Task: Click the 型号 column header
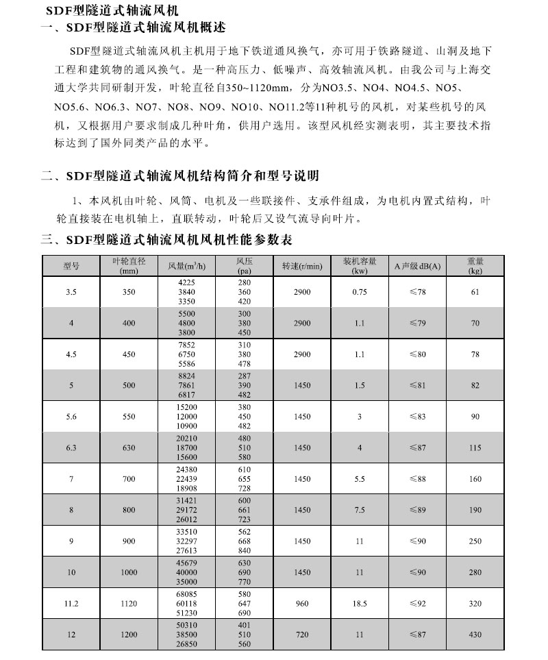[71, 266]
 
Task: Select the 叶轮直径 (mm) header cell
[129, 266]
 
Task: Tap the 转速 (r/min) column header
[301, 266]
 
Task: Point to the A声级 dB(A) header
[418, 266]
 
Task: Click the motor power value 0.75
[360, 292]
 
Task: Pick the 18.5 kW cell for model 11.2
[360, 604]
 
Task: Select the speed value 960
[302, 604]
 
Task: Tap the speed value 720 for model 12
[302, 635]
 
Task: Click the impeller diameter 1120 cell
[129, 604]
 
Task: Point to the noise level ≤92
[418, 604]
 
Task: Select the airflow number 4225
[187, 283]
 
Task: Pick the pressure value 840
[245, 550]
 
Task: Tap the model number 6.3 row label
[71, 448]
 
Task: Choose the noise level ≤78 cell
[418, 292]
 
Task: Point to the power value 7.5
[360, 510]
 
